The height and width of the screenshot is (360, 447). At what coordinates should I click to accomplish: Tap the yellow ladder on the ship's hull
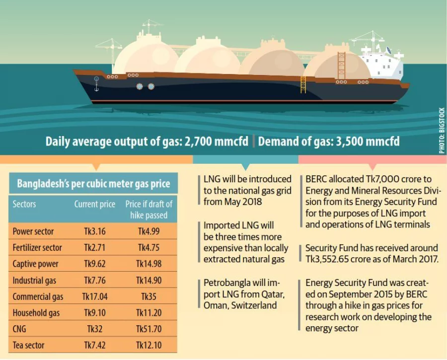coord(303,84)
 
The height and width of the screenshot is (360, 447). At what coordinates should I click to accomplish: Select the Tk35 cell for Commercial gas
coord(149,297)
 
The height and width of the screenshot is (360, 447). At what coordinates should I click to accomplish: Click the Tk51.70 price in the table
coord(149,329)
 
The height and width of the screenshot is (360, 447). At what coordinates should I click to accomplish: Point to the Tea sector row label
coord(28,345)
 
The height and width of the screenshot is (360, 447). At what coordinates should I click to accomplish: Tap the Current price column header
coord(94,204)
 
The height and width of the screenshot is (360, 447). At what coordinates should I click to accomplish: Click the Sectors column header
coord(24,204)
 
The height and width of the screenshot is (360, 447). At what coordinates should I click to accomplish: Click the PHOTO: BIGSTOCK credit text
coord(442,131)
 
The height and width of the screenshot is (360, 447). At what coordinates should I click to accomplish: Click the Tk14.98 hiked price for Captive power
coord(149,264)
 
